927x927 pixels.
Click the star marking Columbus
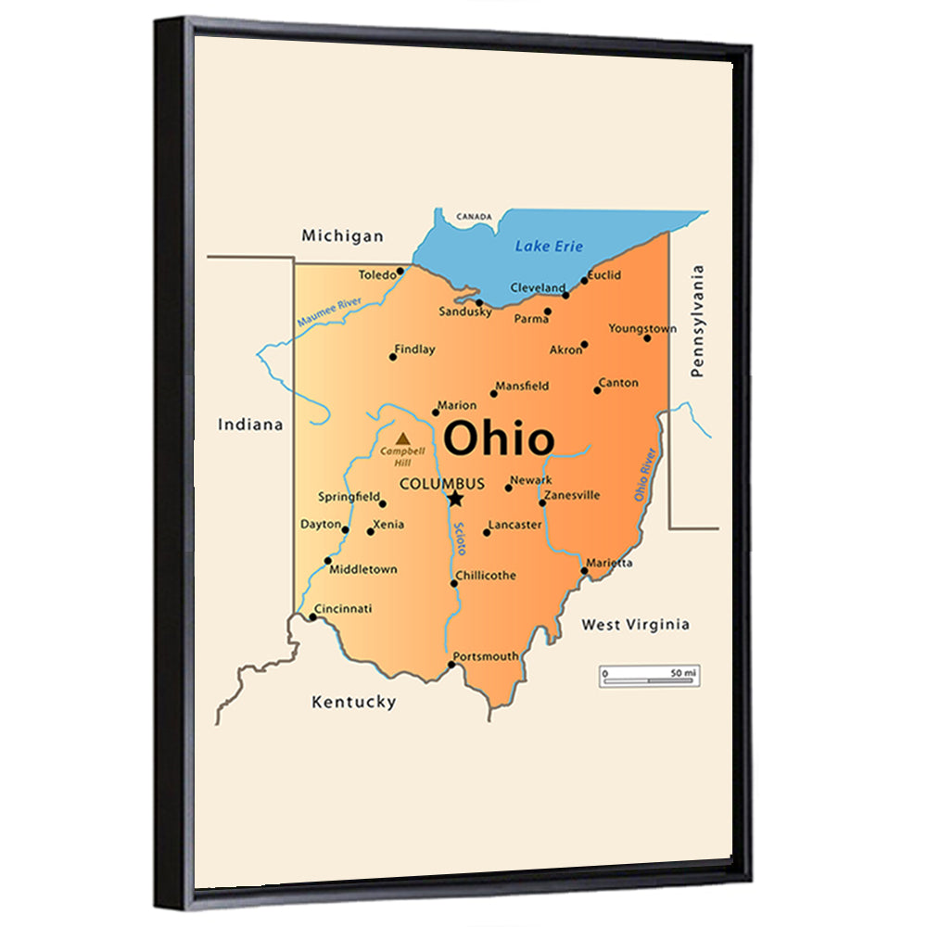pos(455,499)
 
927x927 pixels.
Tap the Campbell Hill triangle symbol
pos(402,438)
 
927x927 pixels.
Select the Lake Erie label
pos(550,246)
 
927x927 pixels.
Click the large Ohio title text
pos(499,439)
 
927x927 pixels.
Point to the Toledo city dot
pos(400,272)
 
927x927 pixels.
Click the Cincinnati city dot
pos(312,616)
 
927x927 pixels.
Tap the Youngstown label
pos(642,328)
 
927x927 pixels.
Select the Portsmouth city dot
pos(452,665)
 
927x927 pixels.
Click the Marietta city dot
pos(584,570)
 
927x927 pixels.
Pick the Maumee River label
pos(329,311)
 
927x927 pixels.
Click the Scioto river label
pos(460,538)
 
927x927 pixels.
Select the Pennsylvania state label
pos(697,321)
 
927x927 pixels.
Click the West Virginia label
pos(635,625)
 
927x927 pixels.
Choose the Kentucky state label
pos(353,702)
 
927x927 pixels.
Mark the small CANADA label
pos(474,217)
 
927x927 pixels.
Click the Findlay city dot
pos(393,356)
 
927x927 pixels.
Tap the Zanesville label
pos(572,495)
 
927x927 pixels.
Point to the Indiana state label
pos(249,425)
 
